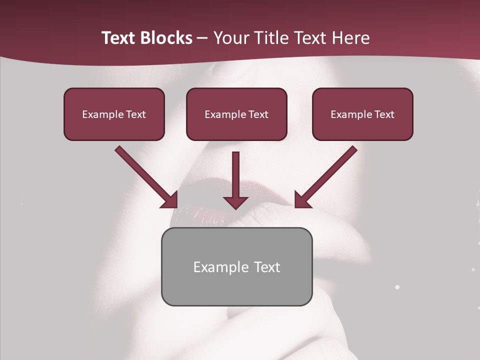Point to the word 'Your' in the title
(x=229, y=38)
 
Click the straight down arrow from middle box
(x=235, y=175)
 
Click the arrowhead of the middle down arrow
(x=235, y=202)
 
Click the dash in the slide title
(x=202, y=38)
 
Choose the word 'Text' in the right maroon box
(x=384, y=114)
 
